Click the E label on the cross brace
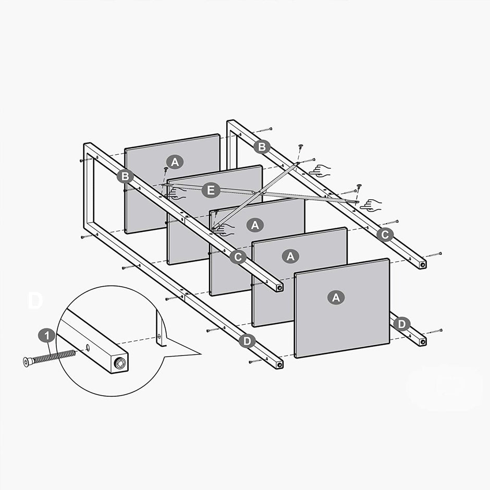[x=210, y=191]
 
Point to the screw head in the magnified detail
[x=27, y=361]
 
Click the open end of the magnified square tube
[x=120, y=363]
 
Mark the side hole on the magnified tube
[x=87, y=348]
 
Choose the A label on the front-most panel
[x=336, y=298]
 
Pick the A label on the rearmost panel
[x=175, y=162]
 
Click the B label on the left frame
[x=125, y=176]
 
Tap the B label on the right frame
[x=262, y=147]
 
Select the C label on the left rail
[x=238, y=256]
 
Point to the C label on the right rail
[x=385, y=235]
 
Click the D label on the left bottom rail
[x=247, y=341]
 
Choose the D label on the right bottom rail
[x=402, y=324]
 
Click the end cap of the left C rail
[x=280, y=287]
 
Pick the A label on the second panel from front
[x=291, y=256]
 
